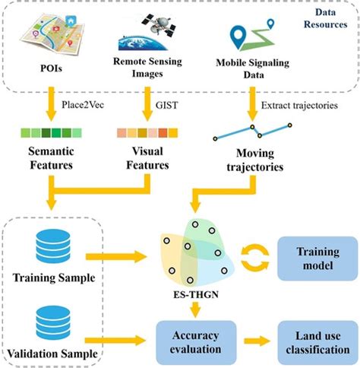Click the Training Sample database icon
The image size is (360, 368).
tap(52, 248)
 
